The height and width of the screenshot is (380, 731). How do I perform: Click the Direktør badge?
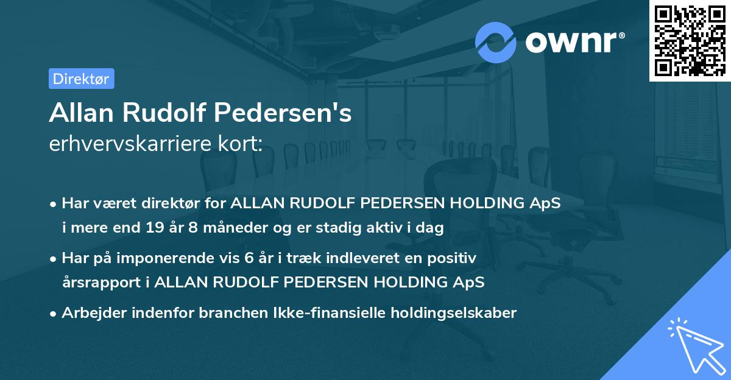(81, 79)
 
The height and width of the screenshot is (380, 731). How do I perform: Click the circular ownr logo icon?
(495, 42)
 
